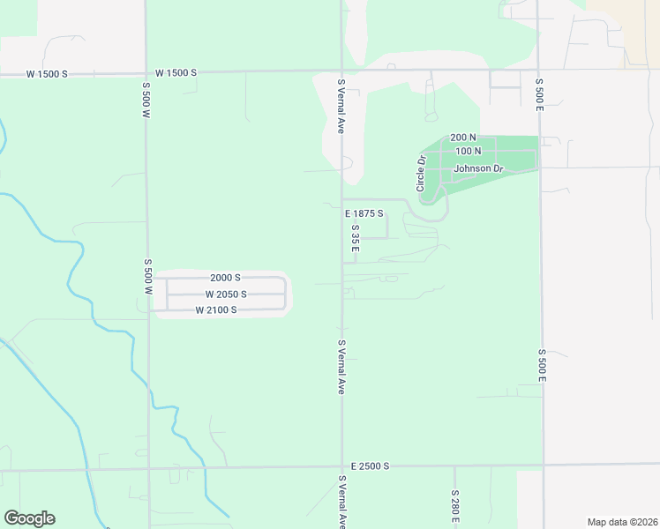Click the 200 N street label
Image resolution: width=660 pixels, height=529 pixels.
coord(463,138)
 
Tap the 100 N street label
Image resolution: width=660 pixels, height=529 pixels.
coord(468,152)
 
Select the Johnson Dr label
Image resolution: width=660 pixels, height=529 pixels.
coord(478,168)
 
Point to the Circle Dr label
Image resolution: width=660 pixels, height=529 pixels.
coord(421,174)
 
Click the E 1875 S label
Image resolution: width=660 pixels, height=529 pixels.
coord(365,213)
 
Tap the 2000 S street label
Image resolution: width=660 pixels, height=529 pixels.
coord(226,278)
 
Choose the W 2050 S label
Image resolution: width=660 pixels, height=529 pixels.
coord(226,294)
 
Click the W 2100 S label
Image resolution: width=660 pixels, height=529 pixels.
coord(216,310)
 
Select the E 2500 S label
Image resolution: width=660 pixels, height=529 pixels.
coord(369,466)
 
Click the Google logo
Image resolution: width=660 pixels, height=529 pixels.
coord(29,518)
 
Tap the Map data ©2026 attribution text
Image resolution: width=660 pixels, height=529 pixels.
coord(621,522)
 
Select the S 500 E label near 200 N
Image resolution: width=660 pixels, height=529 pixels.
coord(538,94)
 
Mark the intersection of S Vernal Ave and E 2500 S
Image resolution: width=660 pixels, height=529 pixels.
coord(342,466)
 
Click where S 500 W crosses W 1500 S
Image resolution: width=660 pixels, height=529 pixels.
coord(146,72)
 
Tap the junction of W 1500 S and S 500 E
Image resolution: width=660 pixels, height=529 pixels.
coord(538,70)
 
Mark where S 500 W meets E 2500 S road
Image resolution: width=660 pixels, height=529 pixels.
coord(149,468)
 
